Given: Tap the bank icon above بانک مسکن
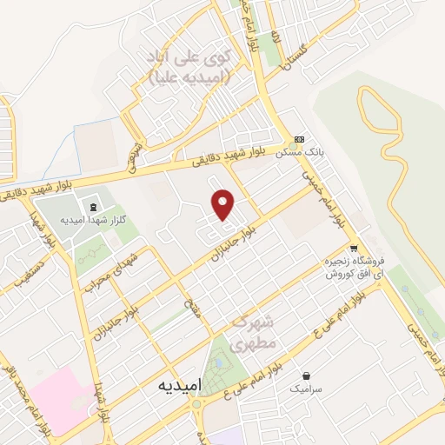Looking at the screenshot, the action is point(299,139).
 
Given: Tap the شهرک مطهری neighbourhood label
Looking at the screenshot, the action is point(255,331).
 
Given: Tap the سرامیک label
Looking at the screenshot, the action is point(306,390).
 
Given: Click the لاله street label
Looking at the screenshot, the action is point(275,36).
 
